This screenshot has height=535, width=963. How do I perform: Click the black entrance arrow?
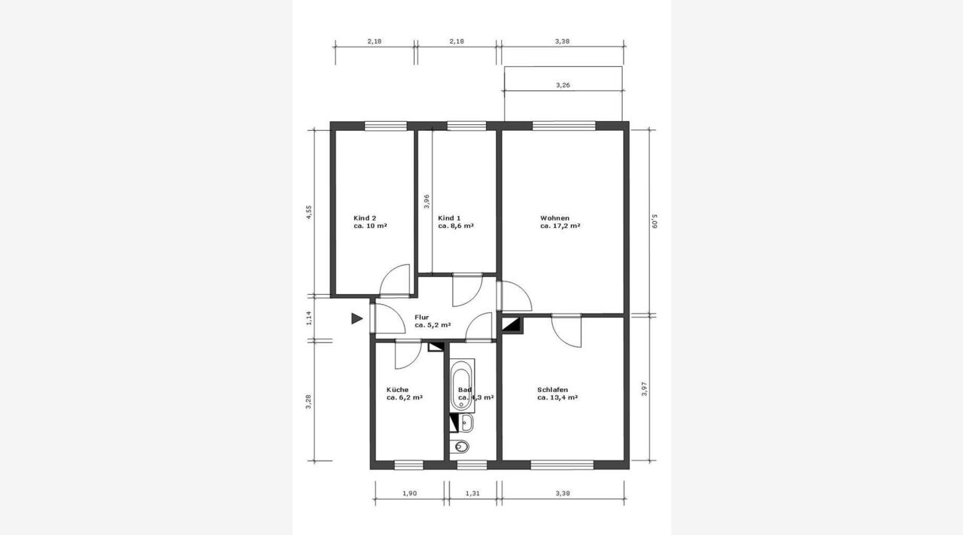pos(357,319)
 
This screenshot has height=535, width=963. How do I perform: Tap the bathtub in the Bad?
pos(462,386)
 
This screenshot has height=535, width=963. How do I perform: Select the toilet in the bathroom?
pos(462,447)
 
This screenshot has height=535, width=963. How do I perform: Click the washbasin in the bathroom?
pos(466,423)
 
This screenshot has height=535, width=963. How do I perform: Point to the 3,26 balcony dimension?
pos(563,85)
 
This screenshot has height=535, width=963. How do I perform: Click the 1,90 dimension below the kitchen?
pos(409,494)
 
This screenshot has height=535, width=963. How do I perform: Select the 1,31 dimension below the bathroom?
pos(472,494)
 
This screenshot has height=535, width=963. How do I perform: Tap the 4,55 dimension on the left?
pos(308,212)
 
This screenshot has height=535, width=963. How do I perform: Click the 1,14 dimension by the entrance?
pos(308,318)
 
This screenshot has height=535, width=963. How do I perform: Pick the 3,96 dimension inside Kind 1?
pos(427,201)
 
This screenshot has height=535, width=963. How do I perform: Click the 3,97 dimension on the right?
pos(644,389)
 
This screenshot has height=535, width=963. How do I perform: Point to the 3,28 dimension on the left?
pos(308,401)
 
